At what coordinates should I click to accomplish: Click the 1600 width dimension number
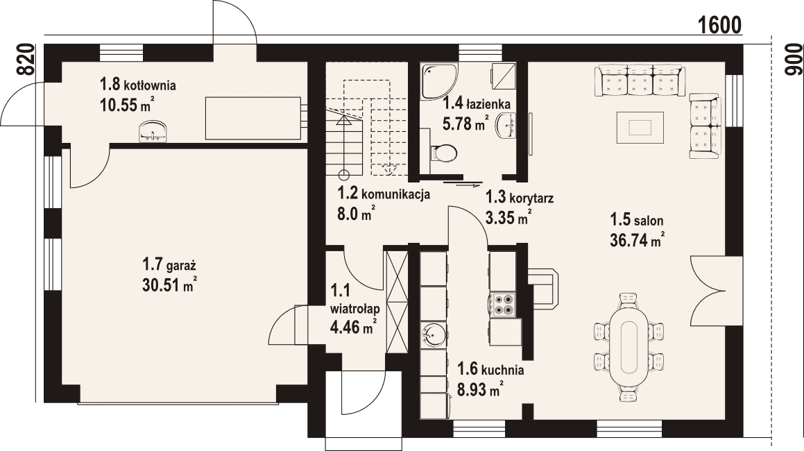(x=719, y=24)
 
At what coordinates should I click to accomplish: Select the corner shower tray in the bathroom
(x=438, y=82)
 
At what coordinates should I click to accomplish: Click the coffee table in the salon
(x=640, y=127)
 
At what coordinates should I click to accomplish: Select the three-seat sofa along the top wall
(x=640, y=80)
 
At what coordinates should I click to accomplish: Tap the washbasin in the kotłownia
(x=153, y=131)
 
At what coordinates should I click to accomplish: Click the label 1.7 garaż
(x=169, y=266)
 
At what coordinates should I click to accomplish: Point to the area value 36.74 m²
(x=638, y=239)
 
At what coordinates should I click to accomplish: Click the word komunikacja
(x=396, y=194)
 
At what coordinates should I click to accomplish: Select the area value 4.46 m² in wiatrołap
(x=354, y=326)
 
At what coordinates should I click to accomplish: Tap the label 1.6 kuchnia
(x=490, y=369)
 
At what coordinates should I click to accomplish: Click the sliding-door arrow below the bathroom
(x=469, y=185)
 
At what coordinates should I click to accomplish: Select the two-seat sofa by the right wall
(x=705, y=126)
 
